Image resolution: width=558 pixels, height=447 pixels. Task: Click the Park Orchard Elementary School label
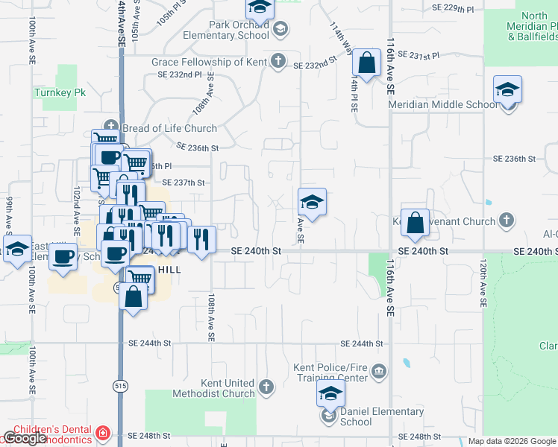click(239, 30)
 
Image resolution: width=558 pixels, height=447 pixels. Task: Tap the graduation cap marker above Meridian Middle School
click(507, 90)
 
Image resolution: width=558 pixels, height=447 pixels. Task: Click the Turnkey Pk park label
click(51, 93)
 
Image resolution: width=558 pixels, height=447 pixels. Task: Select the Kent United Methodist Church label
click(213, 387)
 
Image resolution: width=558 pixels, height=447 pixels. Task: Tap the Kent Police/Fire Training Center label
click(330, 372)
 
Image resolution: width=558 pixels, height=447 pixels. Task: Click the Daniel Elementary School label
click(382, 416)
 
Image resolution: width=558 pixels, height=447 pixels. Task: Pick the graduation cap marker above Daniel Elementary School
click(330, 395)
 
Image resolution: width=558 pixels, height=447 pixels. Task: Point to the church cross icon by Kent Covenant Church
click(507, 221)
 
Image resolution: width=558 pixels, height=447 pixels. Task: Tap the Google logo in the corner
click(25, 438)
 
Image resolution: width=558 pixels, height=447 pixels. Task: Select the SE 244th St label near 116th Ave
click(362, 343)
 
